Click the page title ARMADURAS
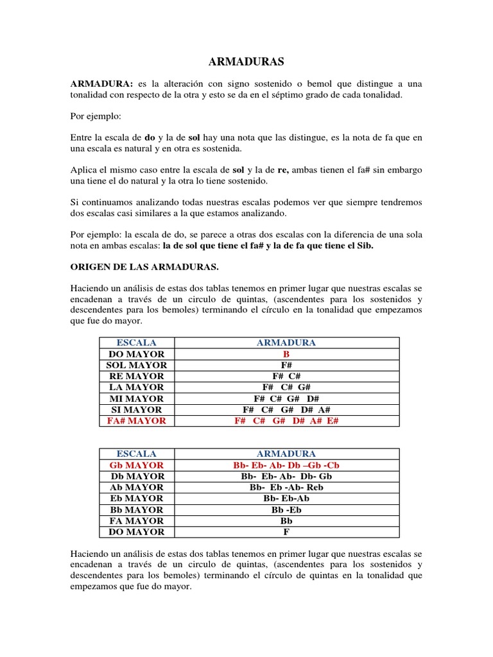[246, 62]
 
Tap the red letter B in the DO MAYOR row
[286, 354]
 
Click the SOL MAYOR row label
[136, 365]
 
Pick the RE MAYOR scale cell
[136, 376]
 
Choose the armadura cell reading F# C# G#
[286, 388]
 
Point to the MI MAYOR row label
[136, 398]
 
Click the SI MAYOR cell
[136, 409]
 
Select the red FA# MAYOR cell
[136, 421]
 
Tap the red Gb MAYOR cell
[136, 465]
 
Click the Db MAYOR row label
[136, 476]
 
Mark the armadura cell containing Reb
[286, 488]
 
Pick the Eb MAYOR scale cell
[136, 499]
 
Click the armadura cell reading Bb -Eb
[286, 509]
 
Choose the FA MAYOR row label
[136, 521]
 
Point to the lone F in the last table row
[286, 532]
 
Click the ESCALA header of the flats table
[136, 454]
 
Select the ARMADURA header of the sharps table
[286, 343]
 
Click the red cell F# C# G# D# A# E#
[286, 421]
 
